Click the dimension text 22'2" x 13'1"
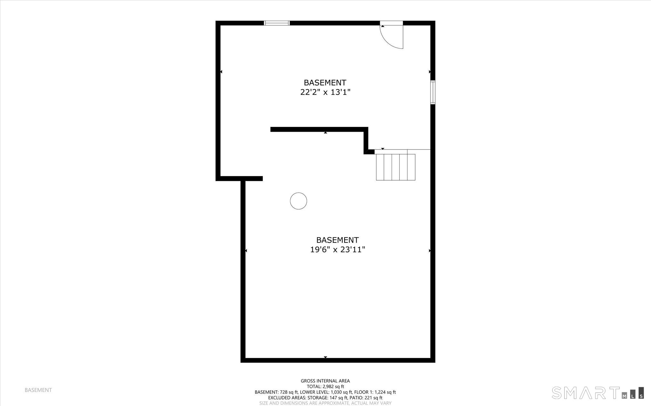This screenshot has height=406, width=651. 325,92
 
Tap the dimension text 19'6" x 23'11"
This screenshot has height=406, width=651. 337,250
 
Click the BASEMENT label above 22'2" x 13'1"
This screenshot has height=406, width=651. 325,83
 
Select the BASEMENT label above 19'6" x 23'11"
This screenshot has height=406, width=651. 337,240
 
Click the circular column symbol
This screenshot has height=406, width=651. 298,201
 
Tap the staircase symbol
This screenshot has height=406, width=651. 395,167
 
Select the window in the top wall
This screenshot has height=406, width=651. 277,23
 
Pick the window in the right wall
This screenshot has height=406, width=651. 433,92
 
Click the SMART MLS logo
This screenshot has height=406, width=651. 598,393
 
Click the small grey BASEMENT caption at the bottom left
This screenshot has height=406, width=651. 38,390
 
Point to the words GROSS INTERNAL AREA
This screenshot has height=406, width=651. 325,381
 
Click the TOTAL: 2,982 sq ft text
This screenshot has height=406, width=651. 325,387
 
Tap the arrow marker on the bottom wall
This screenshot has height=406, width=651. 325,357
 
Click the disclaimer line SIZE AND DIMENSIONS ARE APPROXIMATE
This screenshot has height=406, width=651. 325,403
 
